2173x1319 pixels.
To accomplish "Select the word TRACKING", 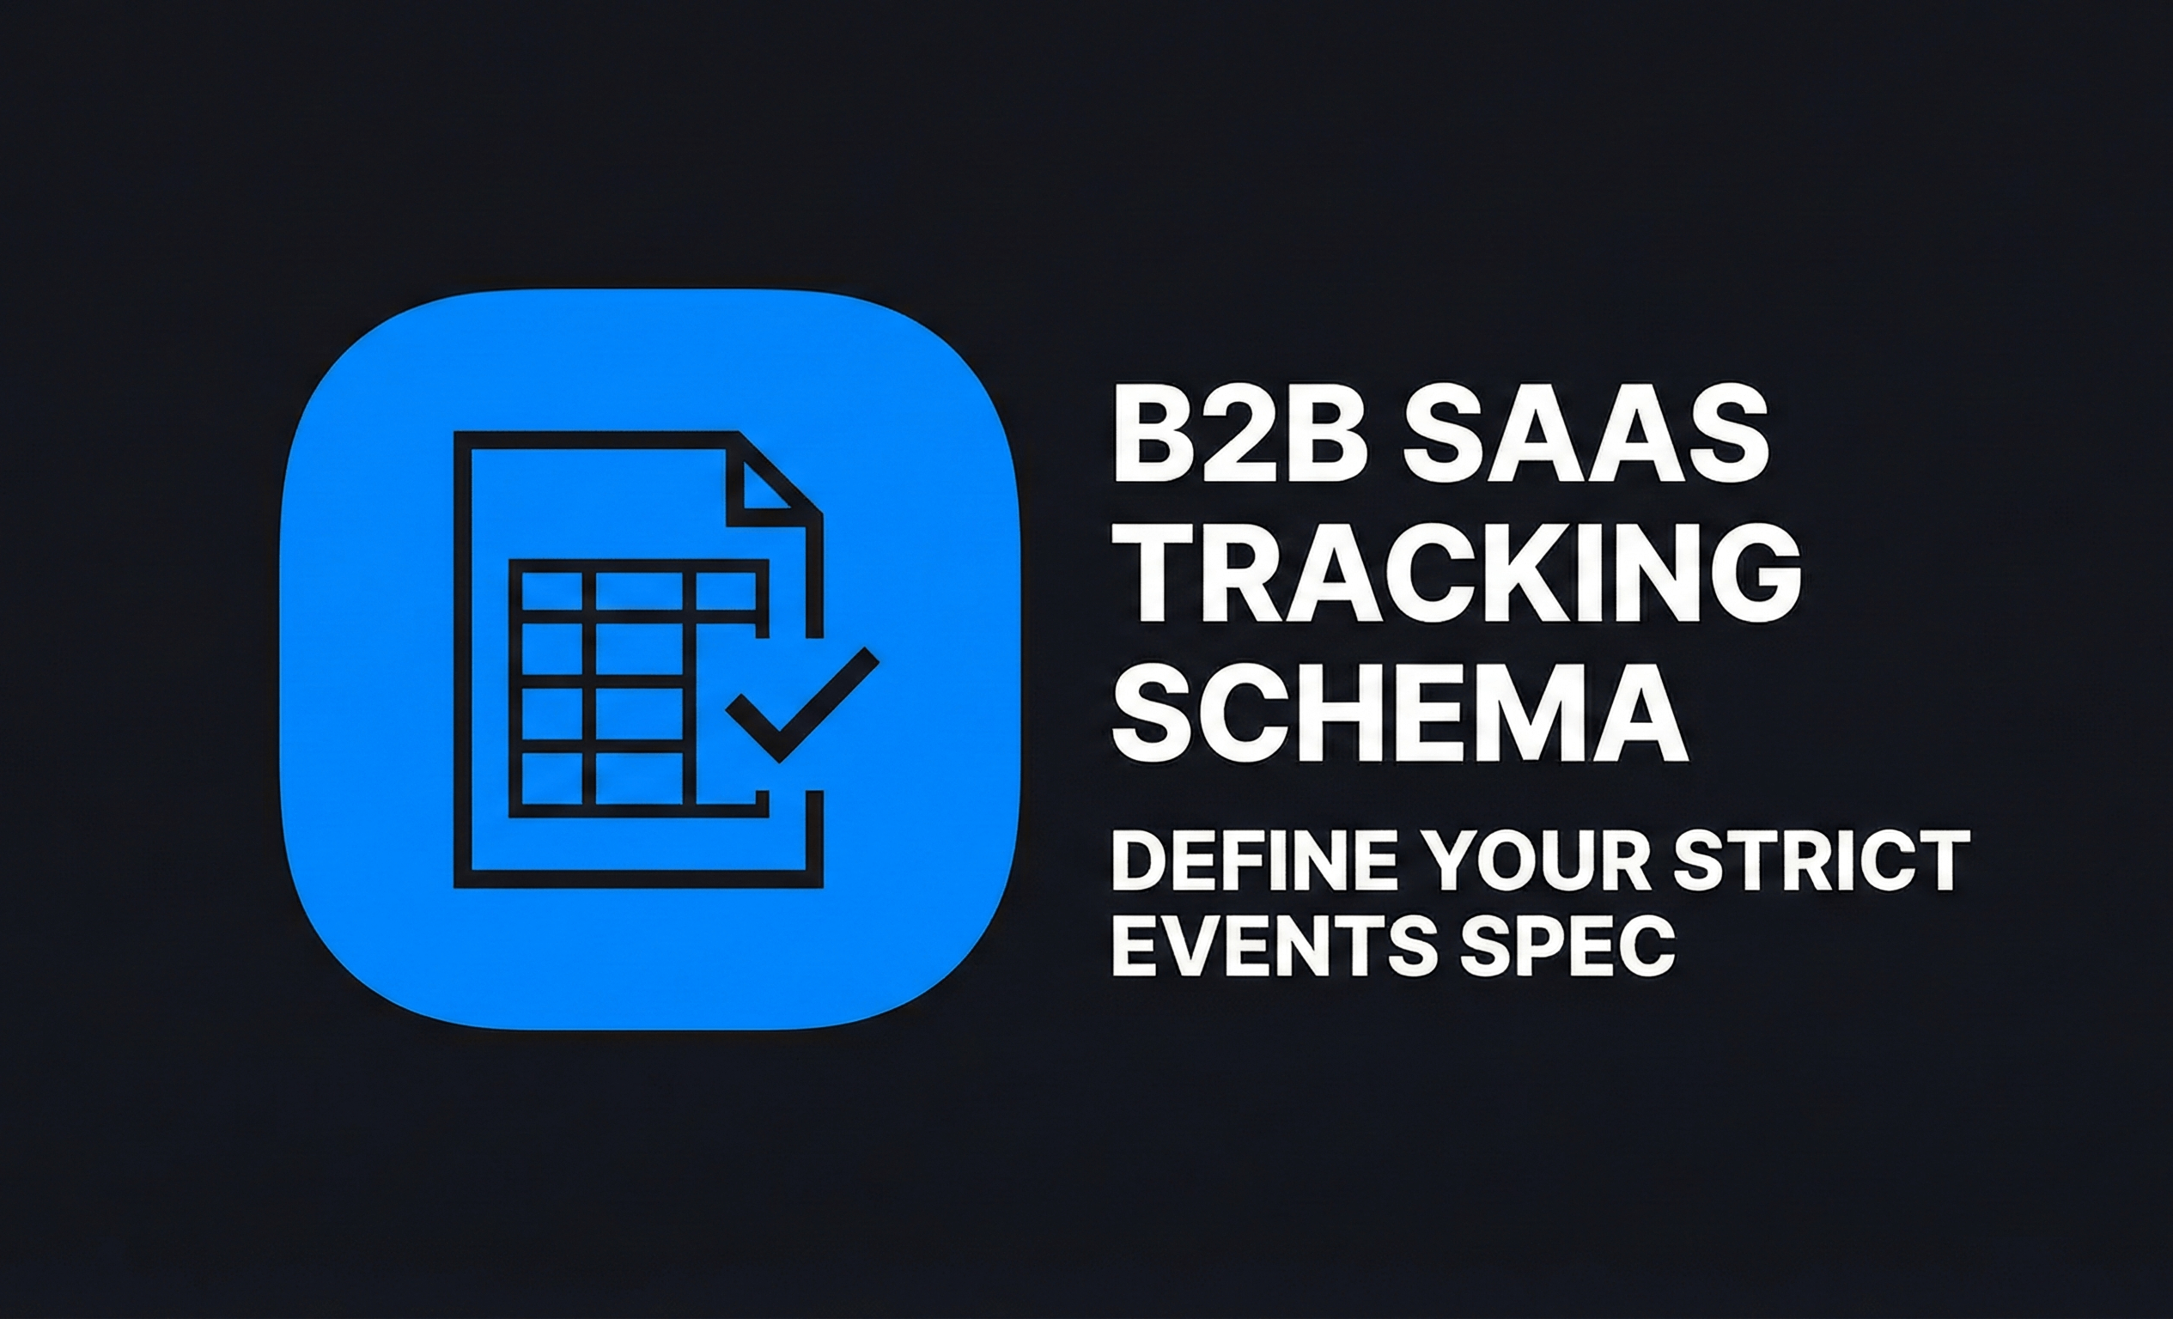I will coord(1455,573).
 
